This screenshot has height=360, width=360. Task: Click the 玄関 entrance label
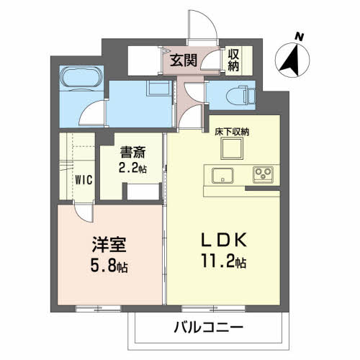[x=184, y=60]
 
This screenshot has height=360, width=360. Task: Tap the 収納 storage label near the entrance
[x=235, y=60]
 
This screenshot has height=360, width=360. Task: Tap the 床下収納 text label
[x=231, y=132]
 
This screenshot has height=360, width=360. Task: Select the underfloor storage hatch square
[x=232, y=149]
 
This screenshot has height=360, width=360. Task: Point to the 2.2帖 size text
[x=133, y=169]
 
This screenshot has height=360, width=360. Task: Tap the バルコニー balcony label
[x=209, y=327]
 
